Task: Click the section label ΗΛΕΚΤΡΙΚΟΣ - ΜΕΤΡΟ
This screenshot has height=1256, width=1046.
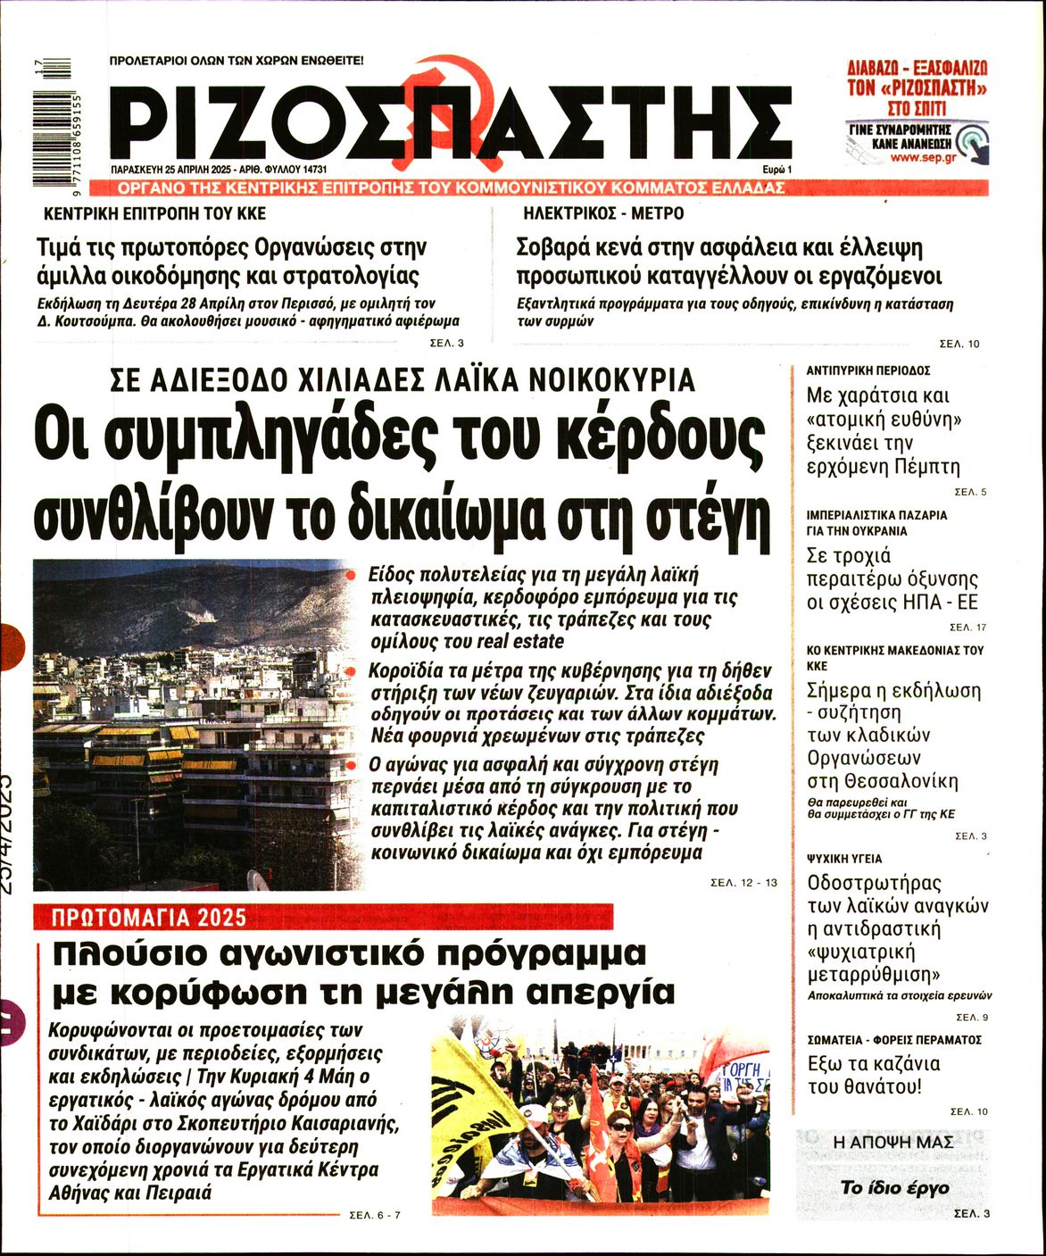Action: point(603,214)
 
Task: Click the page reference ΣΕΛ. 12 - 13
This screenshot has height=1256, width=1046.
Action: point(743,882)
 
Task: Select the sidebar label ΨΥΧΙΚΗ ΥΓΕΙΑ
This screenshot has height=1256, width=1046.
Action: point(843,859)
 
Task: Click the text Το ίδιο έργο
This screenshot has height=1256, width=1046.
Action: point(894,1187)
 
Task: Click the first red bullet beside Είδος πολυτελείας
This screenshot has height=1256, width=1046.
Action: point(353,575)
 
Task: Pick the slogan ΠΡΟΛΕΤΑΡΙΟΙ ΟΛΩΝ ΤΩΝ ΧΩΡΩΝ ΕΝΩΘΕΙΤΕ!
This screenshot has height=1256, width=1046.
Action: point(236,62)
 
